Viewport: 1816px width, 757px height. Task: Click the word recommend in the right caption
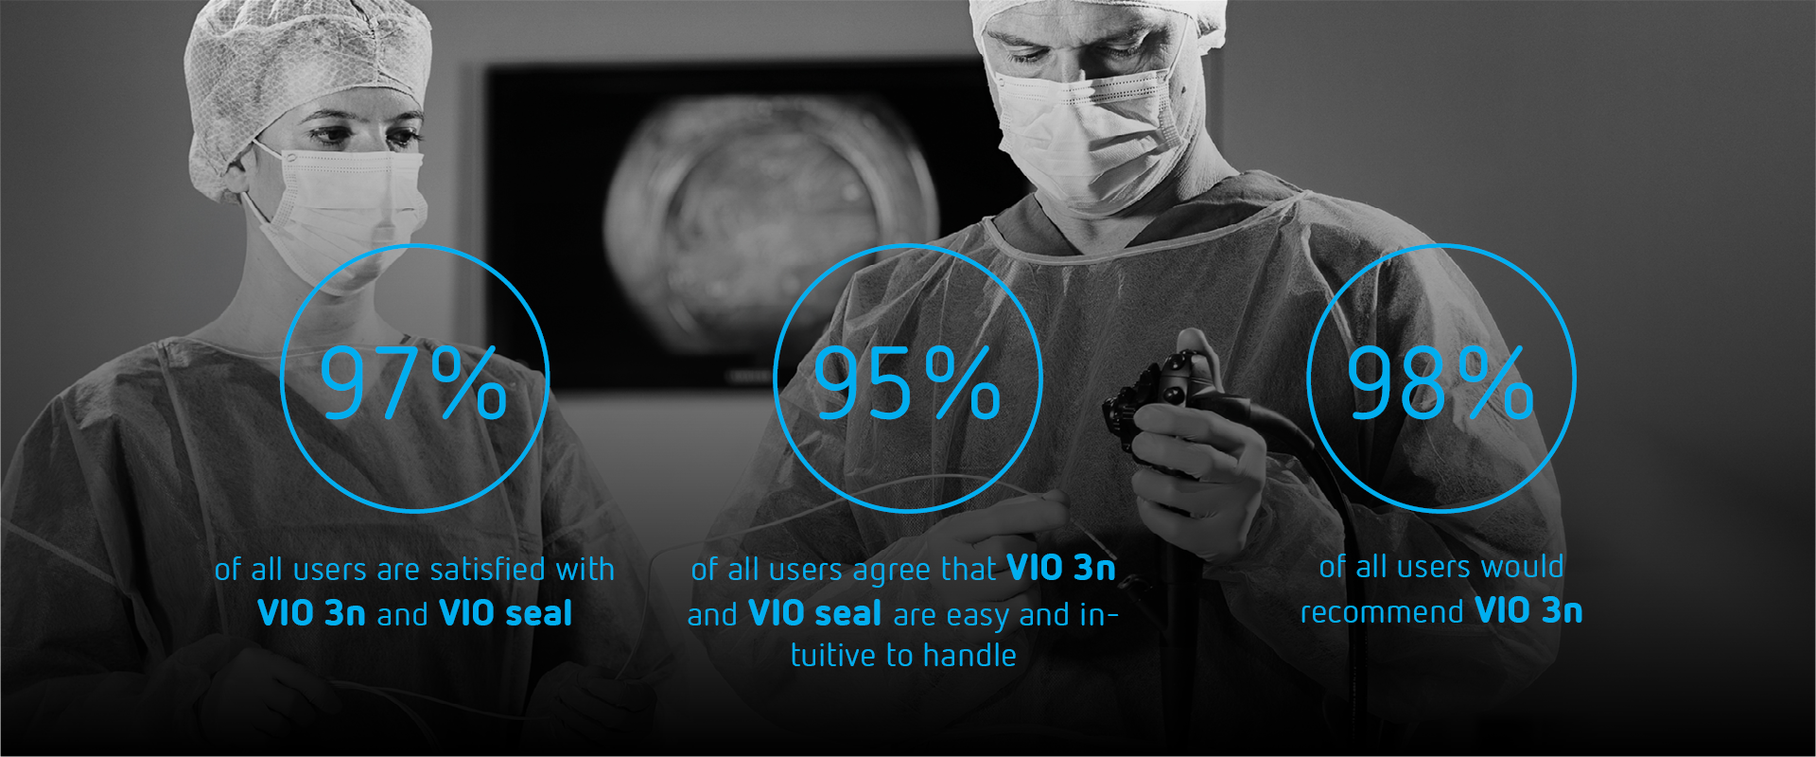pos(1382,612)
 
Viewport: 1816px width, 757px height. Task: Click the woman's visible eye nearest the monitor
pos(402,136)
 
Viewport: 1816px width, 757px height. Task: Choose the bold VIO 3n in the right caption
pos(1528,610)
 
